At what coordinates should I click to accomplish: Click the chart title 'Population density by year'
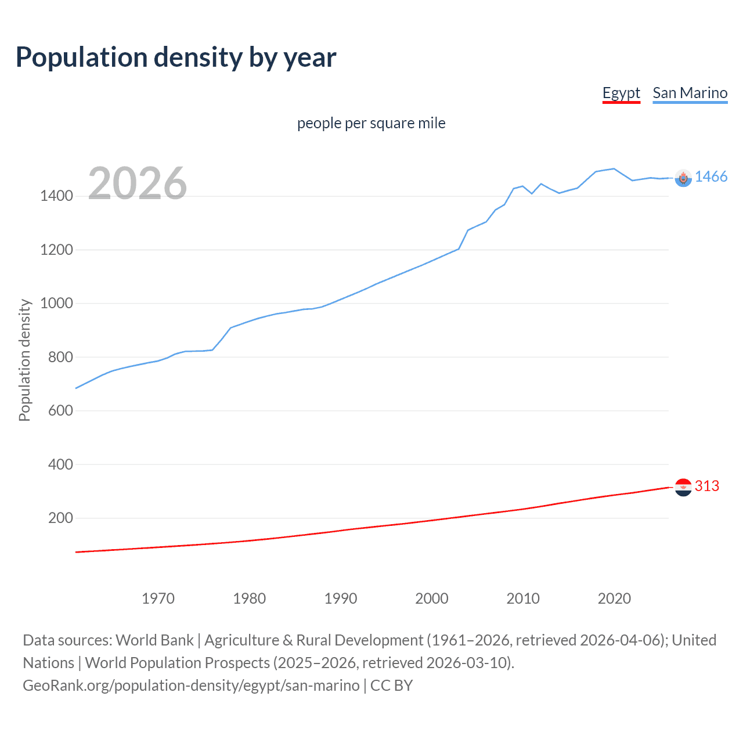[176, 57]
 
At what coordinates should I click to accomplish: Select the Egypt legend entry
[621, 93]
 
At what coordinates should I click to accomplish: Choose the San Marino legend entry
[690, 93]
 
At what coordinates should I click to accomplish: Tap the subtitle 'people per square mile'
[371, 124]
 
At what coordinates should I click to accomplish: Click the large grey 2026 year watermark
[138, 183]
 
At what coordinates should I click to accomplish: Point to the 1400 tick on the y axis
[56, 196]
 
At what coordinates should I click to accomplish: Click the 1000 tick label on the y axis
[56, 304]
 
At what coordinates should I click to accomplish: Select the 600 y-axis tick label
[60, 411]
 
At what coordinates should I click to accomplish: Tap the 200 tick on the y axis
[60, 518]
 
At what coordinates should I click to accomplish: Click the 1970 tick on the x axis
[158, 598]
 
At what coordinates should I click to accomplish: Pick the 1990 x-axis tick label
[341, 598]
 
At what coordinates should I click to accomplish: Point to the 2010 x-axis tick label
[523, 598]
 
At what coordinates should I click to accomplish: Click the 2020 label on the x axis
[614, 598]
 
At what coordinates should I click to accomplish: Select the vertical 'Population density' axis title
[24, 360]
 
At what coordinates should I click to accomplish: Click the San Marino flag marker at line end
[683, 178]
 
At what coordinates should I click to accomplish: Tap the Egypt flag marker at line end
[683, 487]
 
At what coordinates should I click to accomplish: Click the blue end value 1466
[711, 177]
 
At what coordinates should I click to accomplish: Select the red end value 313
[707, 486]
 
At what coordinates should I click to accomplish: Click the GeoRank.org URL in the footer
[191, 686]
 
